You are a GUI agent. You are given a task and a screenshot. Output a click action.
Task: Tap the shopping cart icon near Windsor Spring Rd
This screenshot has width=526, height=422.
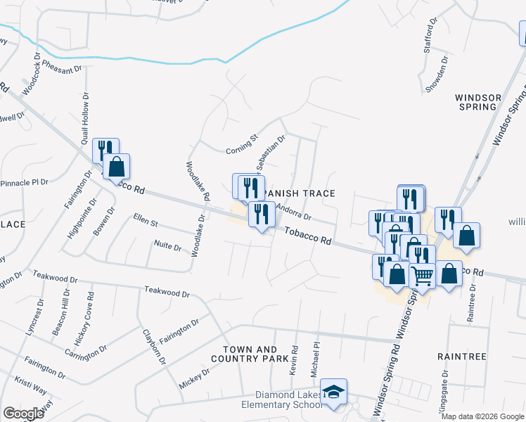click(x=422, y=275)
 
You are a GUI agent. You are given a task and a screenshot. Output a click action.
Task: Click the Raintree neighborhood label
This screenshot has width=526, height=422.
click(x=461, y=357)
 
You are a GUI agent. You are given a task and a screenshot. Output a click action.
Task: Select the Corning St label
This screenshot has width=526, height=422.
click(x=243, y=149)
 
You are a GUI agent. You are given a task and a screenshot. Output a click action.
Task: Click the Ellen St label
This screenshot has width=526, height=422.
click(x=146, y=222)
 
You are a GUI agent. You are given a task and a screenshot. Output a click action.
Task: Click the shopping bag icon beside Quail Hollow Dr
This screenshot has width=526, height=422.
click(x=117, y=168)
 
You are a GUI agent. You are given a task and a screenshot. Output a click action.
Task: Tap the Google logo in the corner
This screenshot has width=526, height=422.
click(x=23, y=414)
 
